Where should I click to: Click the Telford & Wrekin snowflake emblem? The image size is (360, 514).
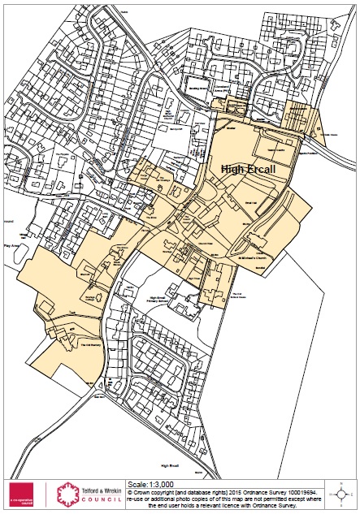coord(64,495)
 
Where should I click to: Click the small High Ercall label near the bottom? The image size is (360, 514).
coord(170,465)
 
